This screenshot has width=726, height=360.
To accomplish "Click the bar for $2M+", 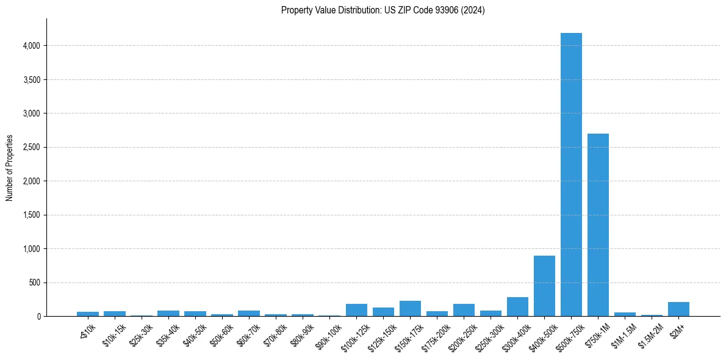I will (678, 309).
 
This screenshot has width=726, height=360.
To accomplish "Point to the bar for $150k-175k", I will (410, 308).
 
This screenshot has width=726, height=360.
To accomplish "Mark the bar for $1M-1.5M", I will (625, 314).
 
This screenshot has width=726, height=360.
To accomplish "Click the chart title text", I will (383, 10).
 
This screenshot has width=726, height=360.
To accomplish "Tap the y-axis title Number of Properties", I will (10, 168).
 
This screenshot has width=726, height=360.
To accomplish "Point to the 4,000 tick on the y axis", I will (32, 46).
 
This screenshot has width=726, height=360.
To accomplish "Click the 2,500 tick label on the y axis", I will (32, 148).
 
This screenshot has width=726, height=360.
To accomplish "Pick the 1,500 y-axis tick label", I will (32, 215).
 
